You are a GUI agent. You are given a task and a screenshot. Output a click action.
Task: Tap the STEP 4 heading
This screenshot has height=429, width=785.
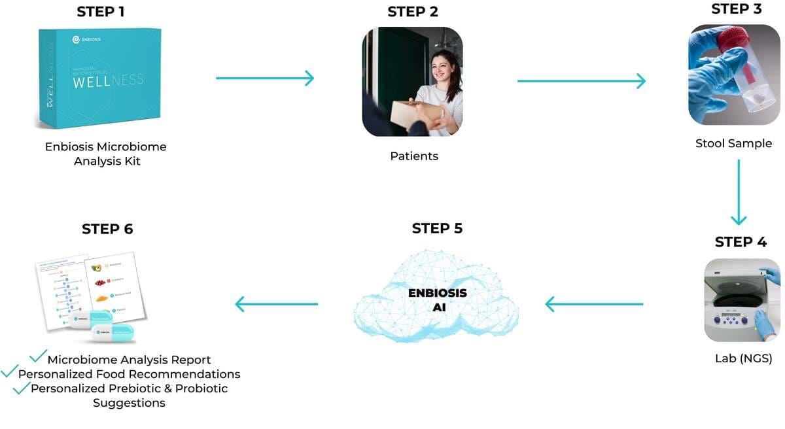(741, 242)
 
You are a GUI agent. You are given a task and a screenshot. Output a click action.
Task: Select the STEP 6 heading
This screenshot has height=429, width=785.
(107, 229)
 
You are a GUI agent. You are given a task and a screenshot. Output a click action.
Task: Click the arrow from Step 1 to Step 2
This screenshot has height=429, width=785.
(265, 78)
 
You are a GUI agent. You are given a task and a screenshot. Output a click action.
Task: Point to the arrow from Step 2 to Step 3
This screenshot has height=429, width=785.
(581, 81)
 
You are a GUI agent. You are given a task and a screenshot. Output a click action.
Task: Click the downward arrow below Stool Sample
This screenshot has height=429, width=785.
(739, 192)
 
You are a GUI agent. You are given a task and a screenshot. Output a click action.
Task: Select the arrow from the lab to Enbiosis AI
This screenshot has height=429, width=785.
(594, 304)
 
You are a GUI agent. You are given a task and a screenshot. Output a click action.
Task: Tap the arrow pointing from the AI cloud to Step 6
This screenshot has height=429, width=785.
(276, 303)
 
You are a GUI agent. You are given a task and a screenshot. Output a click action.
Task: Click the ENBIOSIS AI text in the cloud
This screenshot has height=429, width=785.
(437, 300)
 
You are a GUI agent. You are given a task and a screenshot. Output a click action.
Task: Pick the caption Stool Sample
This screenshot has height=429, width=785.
(733, 143)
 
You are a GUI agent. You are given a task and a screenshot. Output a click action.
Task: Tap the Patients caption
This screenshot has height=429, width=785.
(414, 156)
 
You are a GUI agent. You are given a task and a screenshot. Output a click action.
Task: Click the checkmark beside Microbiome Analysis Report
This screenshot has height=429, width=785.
(39, 356)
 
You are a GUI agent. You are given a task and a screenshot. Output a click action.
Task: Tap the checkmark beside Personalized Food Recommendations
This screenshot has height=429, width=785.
(9, 371)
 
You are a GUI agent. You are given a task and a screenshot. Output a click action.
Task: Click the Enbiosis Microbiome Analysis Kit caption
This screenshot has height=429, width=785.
(106, 153)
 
